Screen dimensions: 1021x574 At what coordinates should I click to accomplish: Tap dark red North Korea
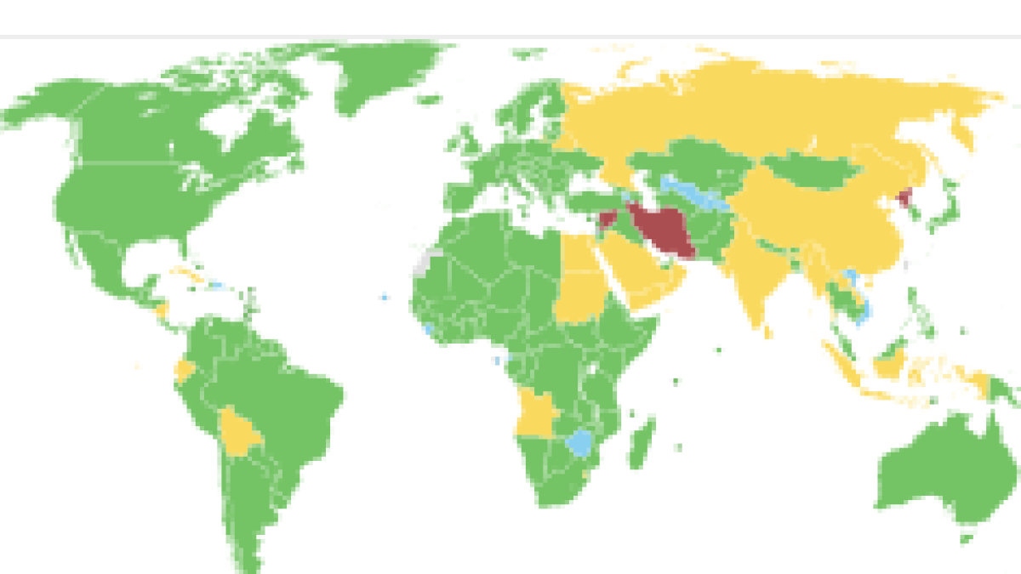click(x=904, y=199)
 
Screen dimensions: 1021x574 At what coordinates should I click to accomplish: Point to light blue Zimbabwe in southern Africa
click(x=580, y=443)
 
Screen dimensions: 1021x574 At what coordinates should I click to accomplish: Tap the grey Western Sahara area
click(x=423, y=264)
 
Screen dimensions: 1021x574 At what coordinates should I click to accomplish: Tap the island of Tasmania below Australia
click(x=967, y=537)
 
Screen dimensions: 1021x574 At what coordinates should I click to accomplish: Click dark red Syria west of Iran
click(x=609, y=220)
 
